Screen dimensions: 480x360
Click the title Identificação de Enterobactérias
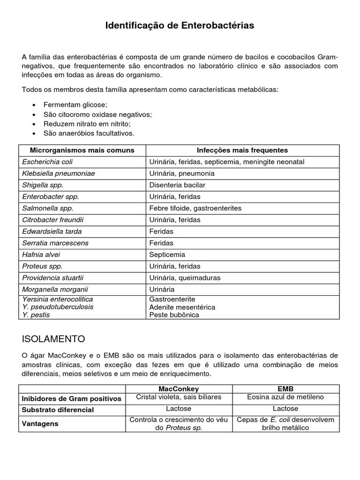[180, 26]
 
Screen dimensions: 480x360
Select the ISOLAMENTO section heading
[53, 338]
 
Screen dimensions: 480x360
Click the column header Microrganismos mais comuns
[82, 150]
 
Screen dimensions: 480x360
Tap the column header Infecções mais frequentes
[242, 150]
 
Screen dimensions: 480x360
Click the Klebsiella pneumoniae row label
[59, 173]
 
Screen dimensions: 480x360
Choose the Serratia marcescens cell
[55, 243]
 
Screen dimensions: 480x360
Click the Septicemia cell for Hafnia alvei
[167, 255]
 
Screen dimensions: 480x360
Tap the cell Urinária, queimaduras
[185, 277]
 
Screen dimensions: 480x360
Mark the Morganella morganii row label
[55, 289]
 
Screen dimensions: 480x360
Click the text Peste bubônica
[174, 315]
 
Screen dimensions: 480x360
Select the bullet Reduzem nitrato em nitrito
[87, 124]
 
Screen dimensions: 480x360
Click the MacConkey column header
[179, 389]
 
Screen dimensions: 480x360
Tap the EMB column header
[286, 389]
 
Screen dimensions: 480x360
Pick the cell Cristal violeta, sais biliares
[179, 397]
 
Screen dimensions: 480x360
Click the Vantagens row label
[40, 423]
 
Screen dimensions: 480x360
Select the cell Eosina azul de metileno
[286, 397]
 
